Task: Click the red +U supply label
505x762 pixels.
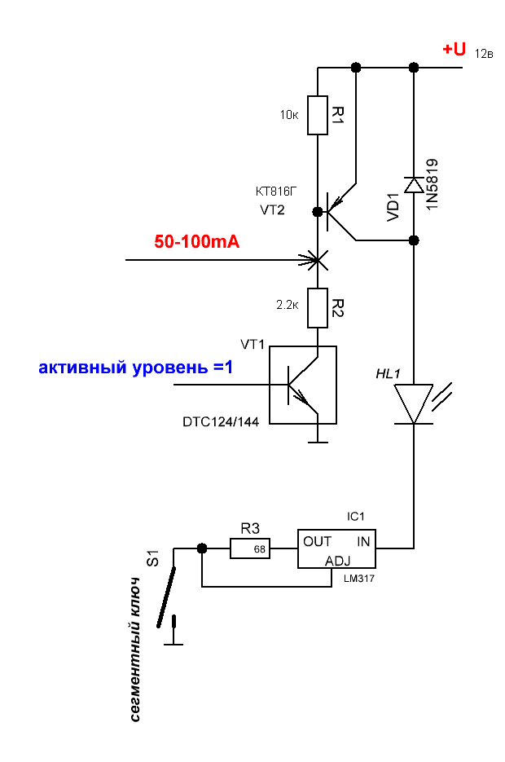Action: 454,50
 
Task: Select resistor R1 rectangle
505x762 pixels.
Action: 317,114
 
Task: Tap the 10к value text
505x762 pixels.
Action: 290,115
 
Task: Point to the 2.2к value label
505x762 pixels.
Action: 288,305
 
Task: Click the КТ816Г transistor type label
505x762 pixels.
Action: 278,192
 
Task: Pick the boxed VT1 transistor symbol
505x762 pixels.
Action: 303,385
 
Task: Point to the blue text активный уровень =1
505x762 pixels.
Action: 136,368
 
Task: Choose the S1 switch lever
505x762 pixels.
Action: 167,589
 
